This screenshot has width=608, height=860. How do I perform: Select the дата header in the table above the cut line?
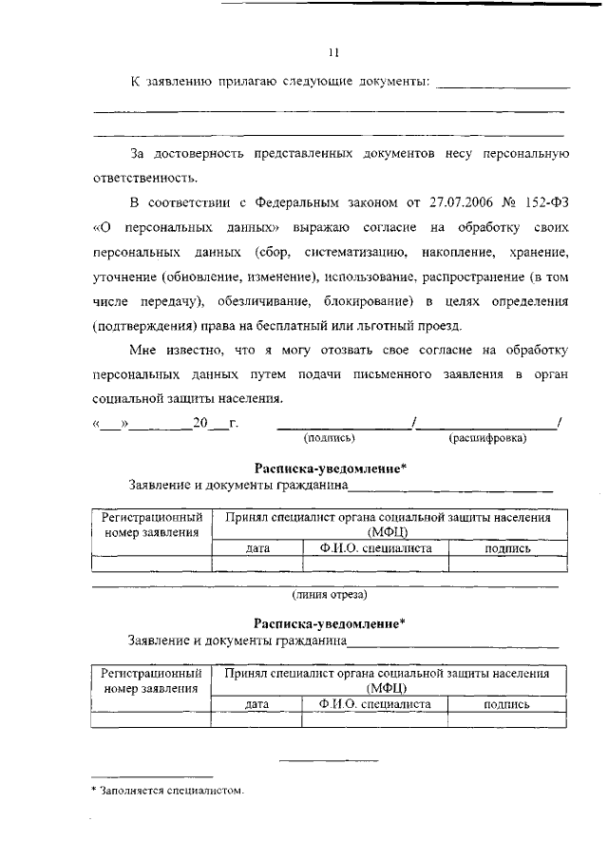click(x=257, y=549)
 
